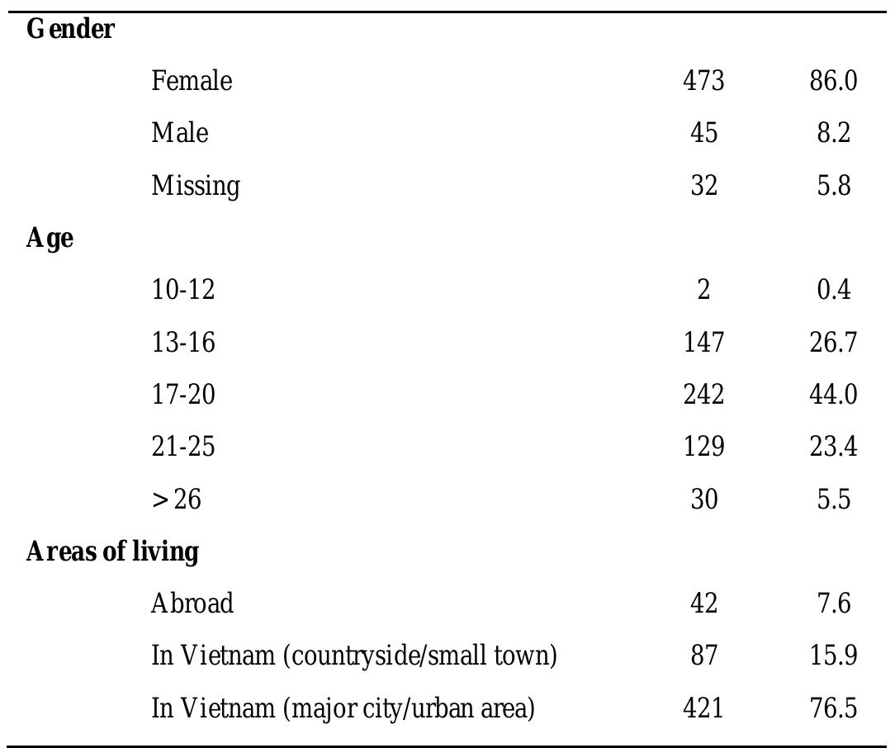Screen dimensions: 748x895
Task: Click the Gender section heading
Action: coord(70,30)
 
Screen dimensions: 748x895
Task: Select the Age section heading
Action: coord(50,239)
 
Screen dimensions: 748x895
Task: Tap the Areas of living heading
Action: coord(112,552)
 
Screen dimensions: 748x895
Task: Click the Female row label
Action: coord(192,81)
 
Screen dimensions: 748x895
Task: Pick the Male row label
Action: coord(180,133)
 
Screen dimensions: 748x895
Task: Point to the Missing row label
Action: coord(196,186)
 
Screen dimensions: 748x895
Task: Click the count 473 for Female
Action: coord(703,81)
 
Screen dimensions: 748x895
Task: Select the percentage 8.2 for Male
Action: coord(833,133)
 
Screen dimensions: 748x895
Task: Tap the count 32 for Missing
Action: coord(703,186)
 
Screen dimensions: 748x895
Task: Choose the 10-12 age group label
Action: coord(183,290)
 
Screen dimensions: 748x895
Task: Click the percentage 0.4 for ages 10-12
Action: coord(833,290)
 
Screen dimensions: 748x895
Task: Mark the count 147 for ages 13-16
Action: coord(703,342)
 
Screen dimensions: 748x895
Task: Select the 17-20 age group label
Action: coord(183,395)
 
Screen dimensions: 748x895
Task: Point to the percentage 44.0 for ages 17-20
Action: coord(833,395)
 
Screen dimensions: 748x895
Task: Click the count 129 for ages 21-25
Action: coord(703,447)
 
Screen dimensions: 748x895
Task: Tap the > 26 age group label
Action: coord(176,499)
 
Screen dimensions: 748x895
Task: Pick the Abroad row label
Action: coord(192,604)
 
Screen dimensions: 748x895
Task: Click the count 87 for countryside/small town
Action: coord(703,656)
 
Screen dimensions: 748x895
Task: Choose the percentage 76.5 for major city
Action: coord(833,708)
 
